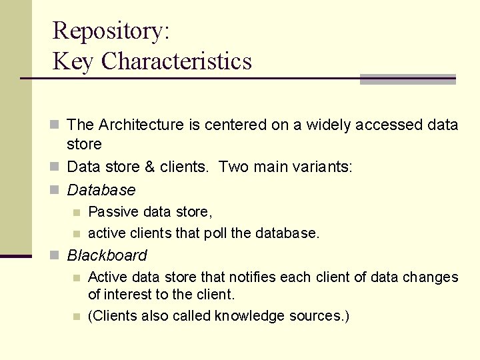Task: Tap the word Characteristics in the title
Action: click(x=177, y=61)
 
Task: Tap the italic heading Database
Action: click(x=101, y=190)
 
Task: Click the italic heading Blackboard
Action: click(x=107, y=255)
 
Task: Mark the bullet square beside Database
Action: click(x=57, y=191)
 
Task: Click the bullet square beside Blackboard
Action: click(x=57, y=256)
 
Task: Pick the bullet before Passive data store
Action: click(x=77, y=213)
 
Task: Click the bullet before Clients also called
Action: click(x=77, y=316)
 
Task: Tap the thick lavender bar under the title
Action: click(x=407, y=79)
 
